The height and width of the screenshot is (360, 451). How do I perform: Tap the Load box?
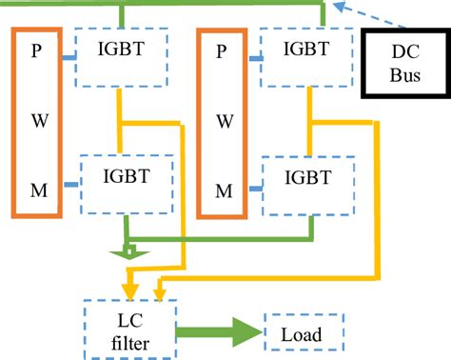pyautogui.click(x=301, y=334)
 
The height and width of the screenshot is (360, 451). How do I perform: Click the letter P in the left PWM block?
pyautogui.click(x=36, y=52)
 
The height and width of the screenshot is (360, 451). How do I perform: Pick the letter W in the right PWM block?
pyautogui.click(x=223, y=120)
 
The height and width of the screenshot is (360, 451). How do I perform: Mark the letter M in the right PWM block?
pyautogui.click(x=223, y=190)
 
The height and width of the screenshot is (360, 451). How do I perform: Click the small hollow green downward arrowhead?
pyautogui.click(x=124, y=252)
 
